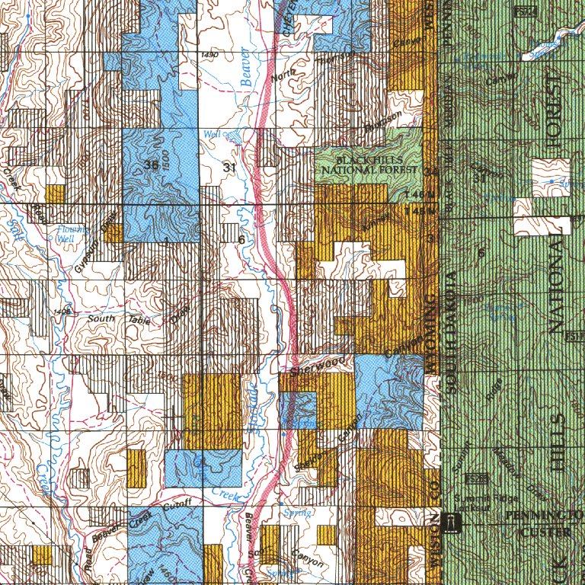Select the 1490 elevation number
tap(210, 56)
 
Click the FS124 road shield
tap(523, 12)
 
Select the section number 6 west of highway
tap(241, 240)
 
